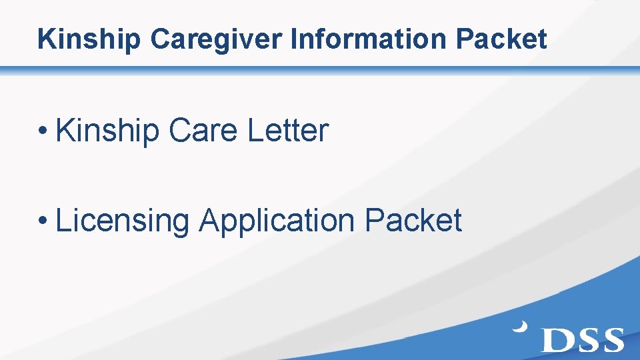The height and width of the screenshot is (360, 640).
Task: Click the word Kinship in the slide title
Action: pyautogui.click(x=90, y=39)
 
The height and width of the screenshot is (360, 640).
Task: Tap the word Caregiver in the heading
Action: pyautogui.click(x=217, y=39)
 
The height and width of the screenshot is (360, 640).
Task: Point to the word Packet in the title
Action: pyautogui.click(x=501, y=39)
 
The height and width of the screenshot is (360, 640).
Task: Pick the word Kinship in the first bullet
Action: pyautogui.click(x=107, y=131)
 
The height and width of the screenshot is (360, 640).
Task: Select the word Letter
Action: pyautogui.click(x=288, y=131)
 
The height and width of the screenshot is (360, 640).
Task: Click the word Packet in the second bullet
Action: pyautogui.click(x=413, y=221)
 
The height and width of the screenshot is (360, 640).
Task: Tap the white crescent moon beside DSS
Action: pyautogui.click(x=520, y=327)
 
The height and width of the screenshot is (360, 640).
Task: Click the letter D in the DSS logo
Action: pyautogui.click(x=555, y=339)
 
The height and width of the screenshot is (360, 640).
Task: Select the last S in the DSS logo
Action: pyautogui.click(x=610, y=339)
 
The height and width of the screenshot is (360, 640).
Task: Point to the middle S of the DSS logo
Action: pyautogui.click(x=583, y=339)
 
